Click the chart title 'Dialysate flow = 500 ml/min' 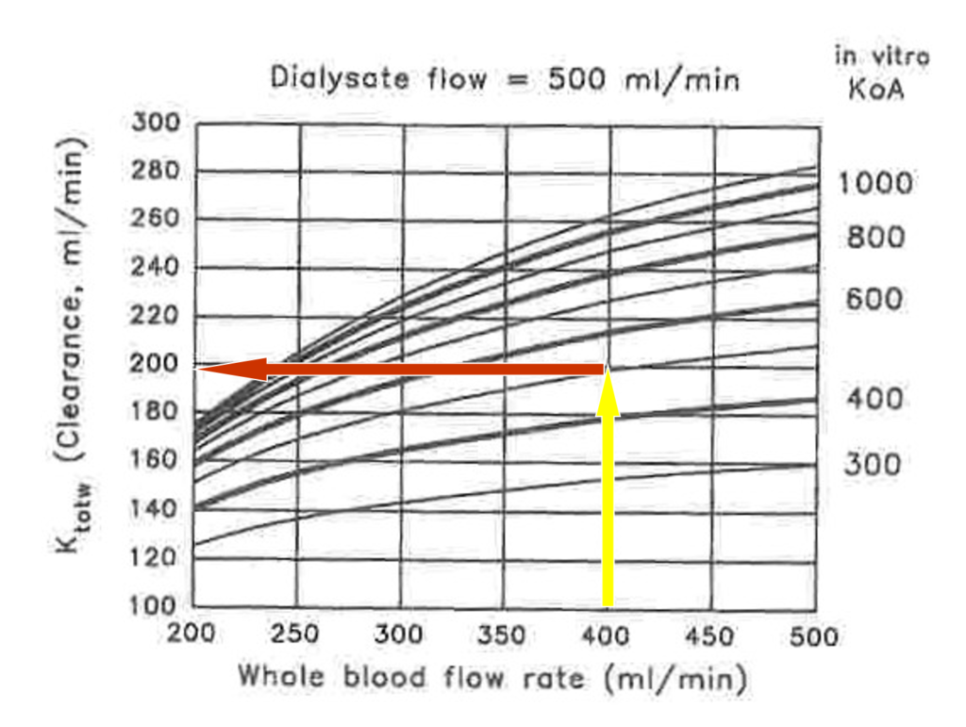[x=505, y=78]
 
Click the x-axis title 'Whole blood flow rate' [x=491, y=677]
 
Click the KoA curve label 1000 [x=876, y=183]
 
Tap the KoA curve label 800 [x=874, y=238]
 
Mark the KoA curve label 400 [x=874, y=400]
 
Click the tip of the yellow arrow [x=608, y=369]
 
